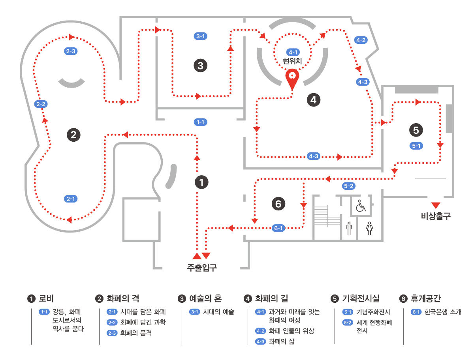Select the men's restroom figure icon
pos(349,228)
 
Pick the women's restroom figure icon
pos(369,228)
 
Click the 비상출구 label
pos(436,216)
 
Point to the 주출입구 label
pos(202,268)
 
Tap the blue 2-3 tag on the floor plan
pos(71,51)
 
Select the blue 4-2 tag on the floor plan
pos(361,40)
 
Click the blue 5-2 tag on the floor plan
pos(349,186)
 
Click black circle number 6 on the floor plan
pos(278,204)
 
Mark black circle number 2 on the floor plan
pos(73,135)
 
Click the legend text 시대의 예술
pos(218,312)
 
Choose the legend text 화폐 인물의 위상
pos(292,331)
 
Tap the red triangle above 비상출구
pos(436,205)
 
